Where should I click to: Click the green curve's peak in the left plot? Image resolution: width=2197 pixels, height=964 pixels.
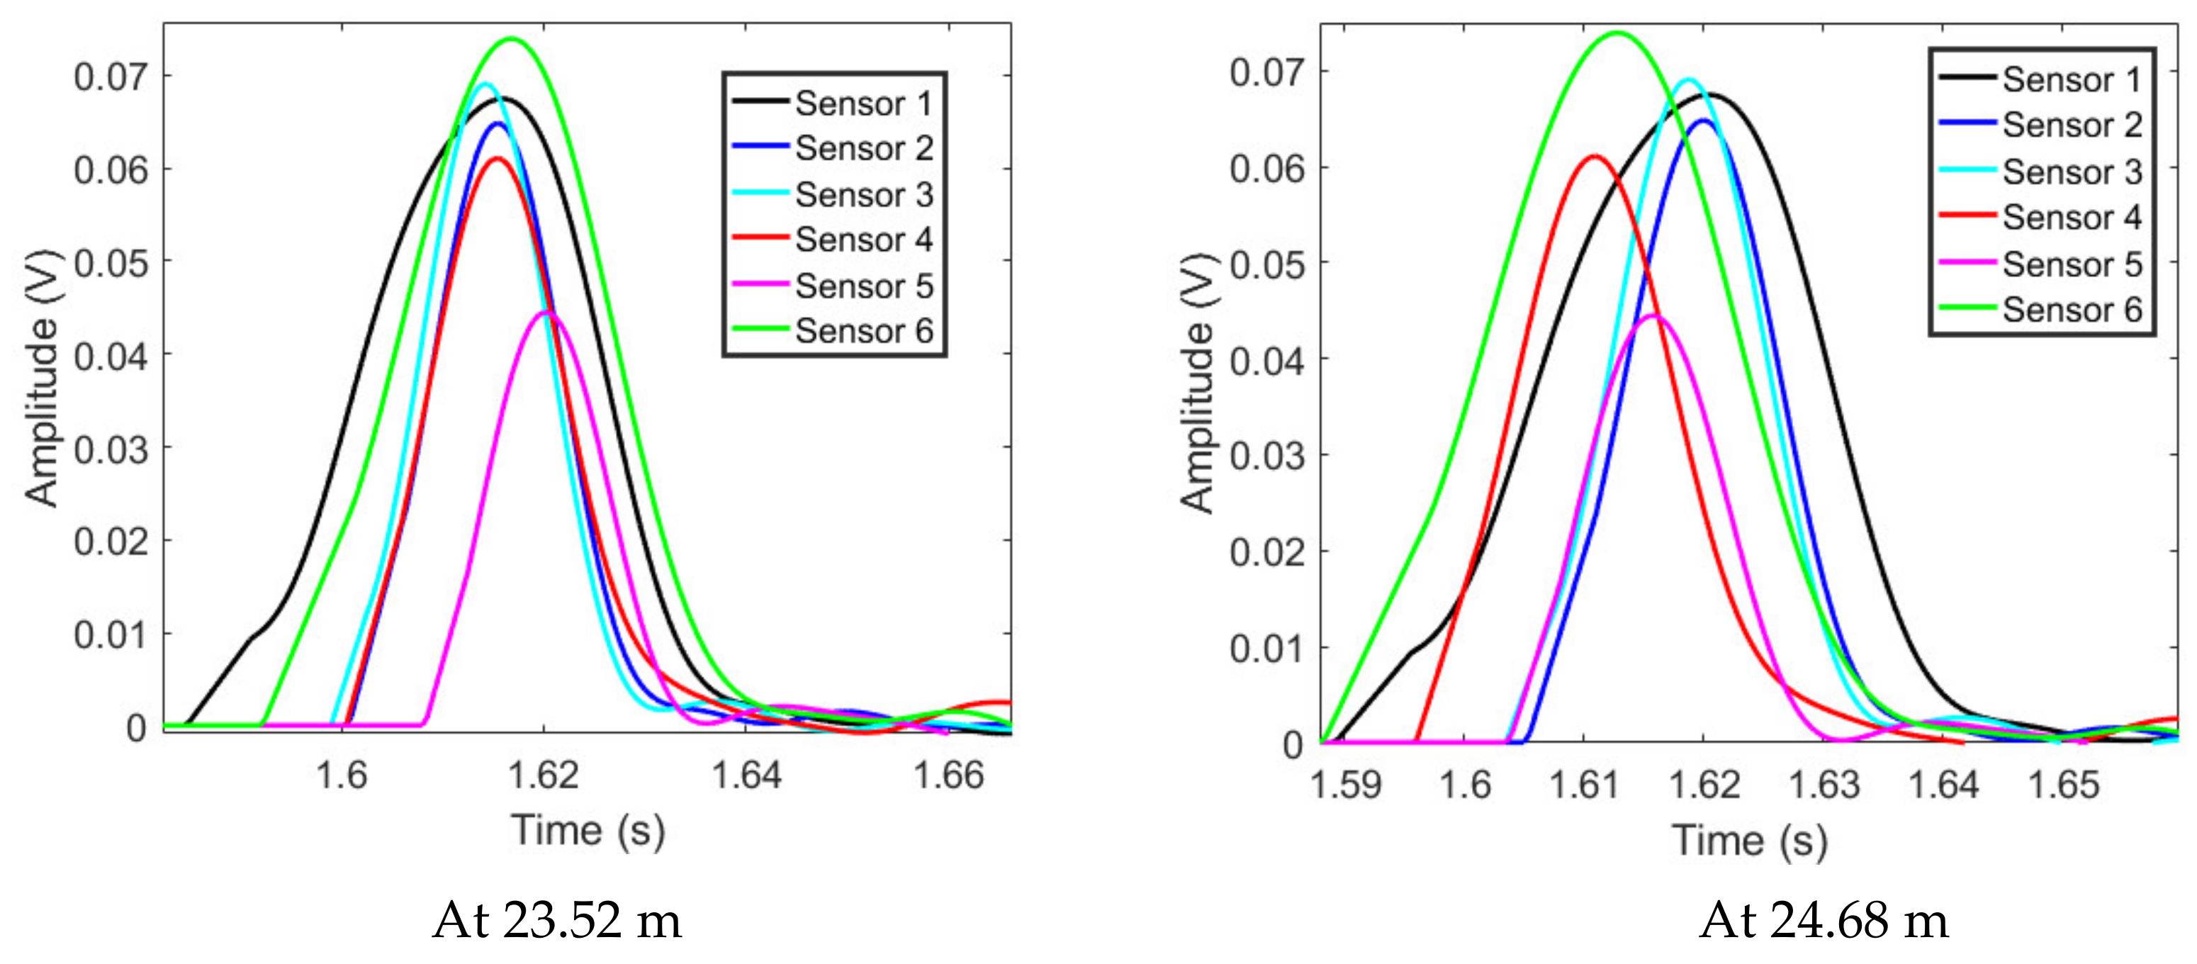click(x=512, y=38)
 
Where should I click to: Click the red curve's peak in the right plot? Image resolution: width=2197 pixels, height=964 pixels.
click(x=1594, y=156)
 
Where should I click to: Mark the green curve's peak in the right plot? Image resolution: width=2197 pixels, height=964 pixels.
click(x=1617, y=33)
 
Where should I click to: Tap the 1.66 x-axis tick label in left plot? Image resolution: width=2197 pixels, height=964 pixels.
click(x=948, y=775)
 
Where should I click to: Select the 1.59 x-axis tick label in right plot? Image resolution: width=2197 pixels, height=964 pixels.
click(x=1346, y=784)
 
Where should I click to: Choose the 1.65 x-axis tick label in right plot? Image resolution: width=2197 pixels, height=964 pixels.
click(x=2062, y=784)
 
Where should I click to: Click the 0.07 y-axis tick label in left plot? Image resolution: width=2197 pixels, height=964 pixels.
click(x=110, y=77)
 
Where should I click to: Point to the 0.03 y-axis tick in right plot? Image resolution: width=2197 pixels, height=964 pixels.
click(x=1266, y=456)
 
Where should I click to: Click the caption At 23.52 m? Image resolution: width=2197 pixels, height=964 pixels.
click(x=557, y=921)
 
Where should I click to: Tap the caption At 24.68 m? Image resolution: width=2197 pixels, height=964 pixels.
click(x=1824, y=921)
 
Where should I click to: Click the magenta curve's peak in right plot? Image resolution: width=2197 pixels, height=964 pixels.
click(x=1653, y=315)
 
